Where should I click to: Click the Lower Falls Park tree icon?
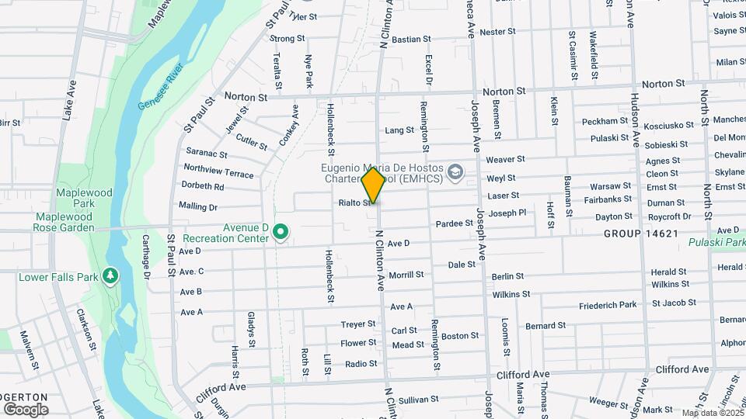[x=110, y=276]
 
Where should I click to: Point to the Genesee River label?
[x=163, y=85]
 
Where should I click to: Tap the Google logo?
[x=26, y=409]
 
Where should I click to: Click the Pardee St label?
[x=455, y=223]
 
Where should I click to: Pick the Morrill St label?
[x=406, y=275]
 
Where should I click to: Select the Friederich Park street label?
[x=608, y=305]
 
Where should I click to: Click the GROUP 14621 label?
[x=641, y=234]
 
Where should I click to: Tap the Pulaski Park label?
[x=716, y=242]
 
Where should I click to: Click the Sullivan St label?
[x=420, y=399]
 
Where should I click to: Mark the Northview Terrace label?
[x=218, y=171]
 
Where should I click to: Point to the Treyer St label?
[x=358, y=324]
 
